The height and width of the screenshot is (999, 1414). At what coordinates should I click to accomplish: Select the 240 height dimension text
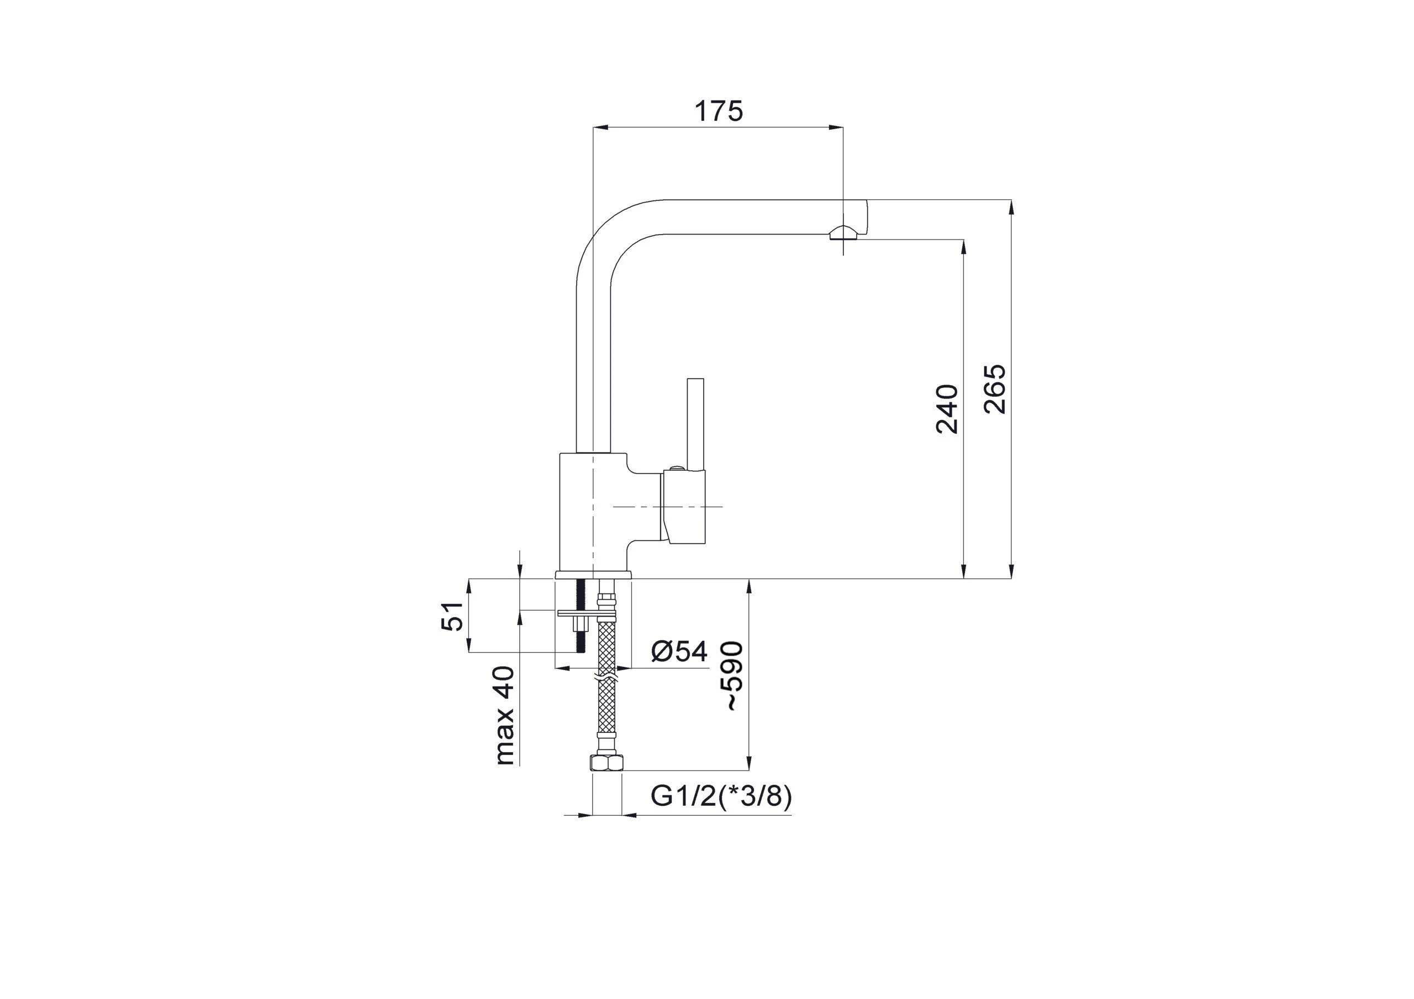click(947, 409)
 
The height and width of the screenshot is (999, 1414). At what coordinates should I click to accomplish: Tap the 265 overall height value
click(995, 389)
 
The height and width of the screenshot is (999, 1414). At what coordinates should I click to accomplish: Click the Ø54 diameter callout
click(679, 651)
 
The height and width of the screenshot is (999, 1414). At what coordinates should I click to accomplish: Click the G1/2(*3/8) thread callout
click(721, 796)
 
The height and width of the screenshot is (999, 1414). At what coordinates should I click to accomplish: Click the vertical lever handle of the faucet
click(696, 426)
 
